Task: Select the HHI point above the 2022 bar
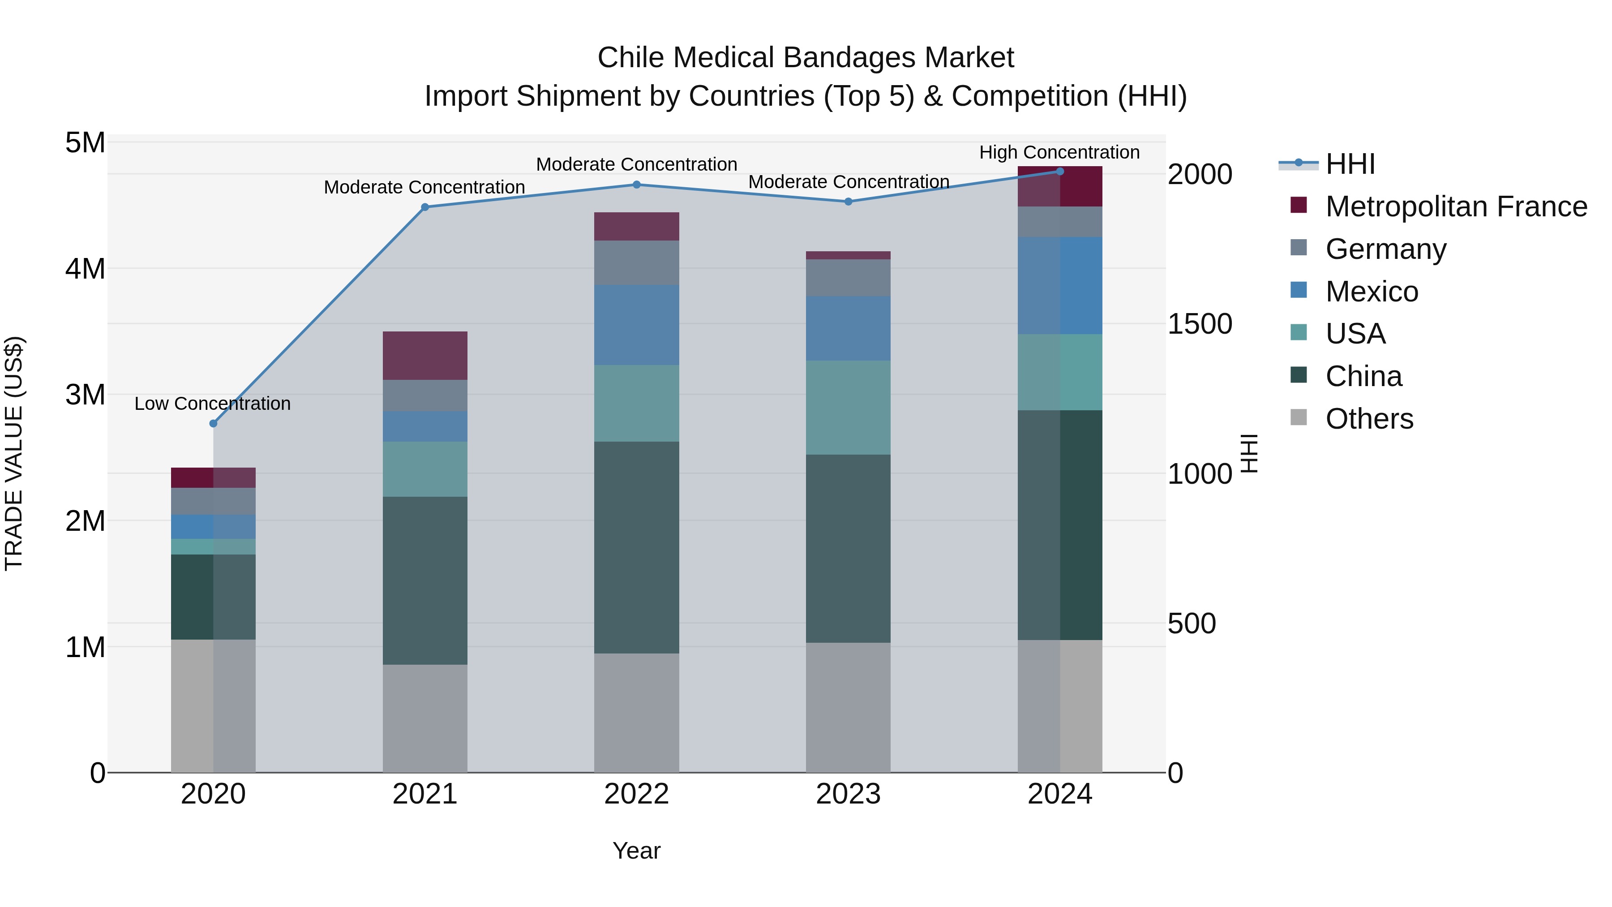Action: pos(636,185)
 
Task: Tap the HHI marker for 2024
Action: pos(1059,172)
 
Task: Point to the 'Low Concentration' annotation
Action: pos(213,404)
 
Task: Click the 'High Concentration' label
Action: pos(1059,152)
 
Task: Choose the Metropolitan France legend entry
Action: pos(1456,206)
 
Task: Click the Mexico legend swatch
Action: pos(1299,290)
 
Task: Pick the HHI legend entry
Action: pos(1350,164)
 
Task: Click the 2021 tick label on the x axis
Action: pos(425,794)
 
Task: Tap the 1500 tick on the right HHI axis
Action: pos(1200,324)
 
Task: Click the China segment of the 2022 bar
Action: pos(636,548)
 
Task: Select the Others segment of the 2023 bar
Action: pos(848,707)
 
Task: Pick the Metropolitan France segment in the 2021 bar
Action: pos(425,356)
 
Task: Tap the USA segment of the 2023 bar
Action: pos(848,408)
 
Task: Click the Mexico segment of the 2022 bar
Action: pos(636,325)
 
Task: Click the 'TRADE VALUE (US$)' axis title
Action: pos(14,453)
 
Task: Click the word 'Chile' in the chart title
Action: pos(631,58)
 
